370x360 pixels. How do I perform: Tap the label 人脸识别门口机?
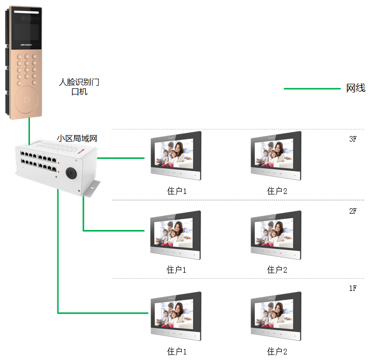(x=79, y=86)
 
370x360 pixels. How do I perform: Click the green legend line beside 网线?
(x=312, y=88)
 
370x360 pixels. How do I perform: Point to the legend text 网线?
(x=356, y=88)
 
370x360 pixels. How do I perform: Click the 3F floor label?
(x=353, y=139)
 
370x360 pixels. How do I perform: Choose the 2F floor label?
(x=353, y=211)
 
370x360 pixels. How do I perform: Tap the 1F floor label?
(x=353, y=288)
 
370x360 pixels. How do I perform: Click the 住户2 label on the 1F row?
(x=277, y=351)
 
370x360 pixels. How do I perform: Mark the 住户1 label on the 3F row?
(x=177, y=191)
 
